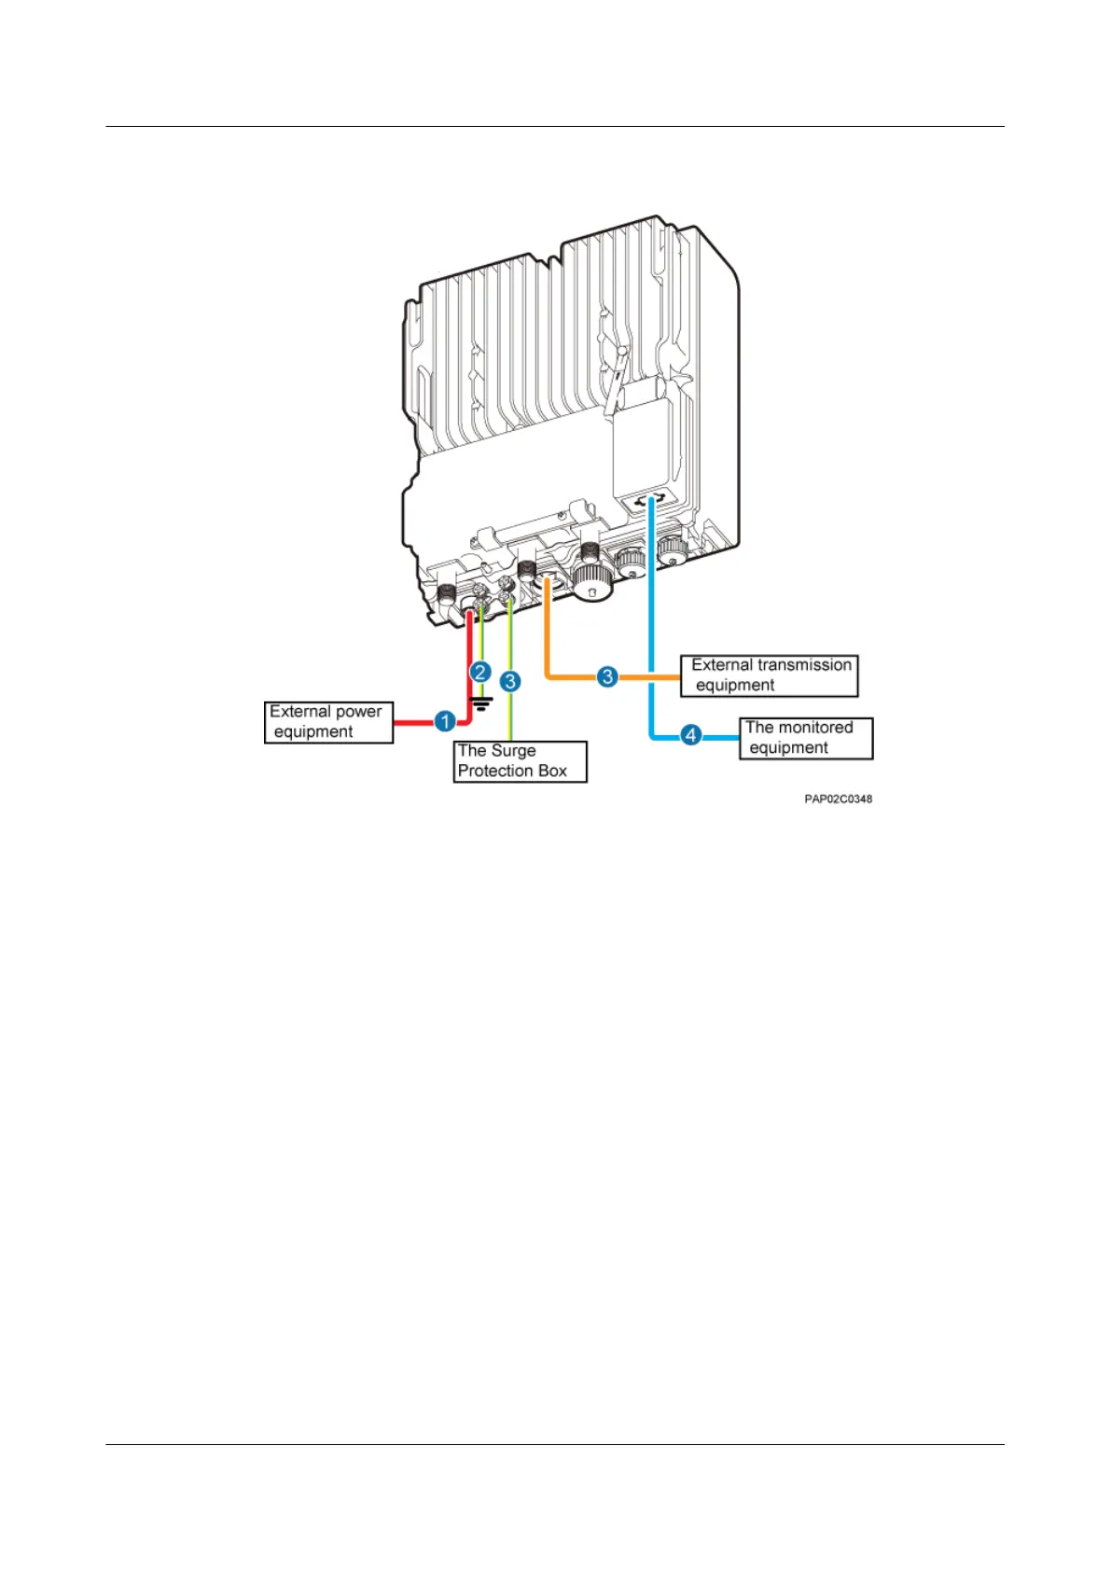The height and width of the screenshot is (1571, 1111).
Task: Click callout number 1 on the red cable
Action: pyautogui.click(x=446, y=721)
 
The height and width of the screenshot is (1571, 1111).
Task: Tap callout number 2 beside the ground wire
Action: pyautogui.click(x=480, y=672)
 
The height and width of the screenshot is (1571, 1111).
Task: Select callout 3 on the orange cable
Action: pyautogui.click(x=607, y=676)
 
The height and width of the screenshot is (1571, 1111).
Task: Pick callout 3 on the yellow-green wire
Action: pyautogui.click(x=510, y=681)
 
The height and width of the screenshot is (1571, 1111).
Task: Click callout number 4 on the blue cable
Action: pyautogui.click(x=690, y=735)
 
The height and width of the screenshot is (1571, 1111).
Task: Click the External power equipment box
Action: pyautogui.click(x=328, y=722)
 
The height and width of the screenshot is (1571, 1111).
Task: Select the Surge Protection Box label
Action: pyautogui.click(x=520, y=761)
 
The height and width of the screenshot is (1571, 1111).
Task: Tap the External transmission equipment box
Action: pyautogui.click(x=769, y=675)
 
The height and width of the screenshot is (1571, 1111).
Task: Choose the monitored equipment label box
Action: pyautogui.click(x=806, y=738)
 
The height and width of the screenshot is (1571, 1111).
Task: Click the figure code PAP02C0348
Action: pyautogui.click(x=838, y=799)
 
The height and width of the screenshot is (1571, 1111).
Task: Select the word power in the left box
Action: pyautogui.click(x=359, y=712)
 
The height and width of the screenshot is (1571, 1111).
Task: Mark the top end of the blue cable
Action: pyautogui.click(x=651, y=502)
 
